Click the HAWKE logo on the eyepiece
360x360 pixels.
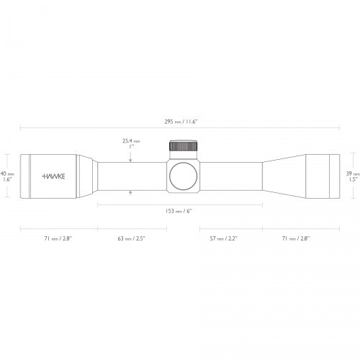click(x=53, y=176)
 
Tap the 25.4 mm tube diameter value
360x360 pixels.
click(x=130, y=141)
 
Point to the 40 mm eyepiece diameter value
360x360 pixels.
click(x=6, y=174)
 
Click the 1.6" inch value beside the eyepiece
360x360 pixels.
click(x=6, y=180)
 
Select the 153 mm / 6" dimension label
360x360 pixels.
click(x=179, y=212)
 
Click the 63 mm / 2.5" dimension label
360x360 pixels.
click(x=131, y=237)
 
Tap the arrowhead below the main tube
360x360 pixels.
click(x=130, y=192)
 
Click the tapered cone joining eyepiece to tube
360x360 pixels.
click(x=86, y=176)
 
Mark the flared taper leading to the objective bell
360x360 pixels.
click(x=284, y=176)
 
